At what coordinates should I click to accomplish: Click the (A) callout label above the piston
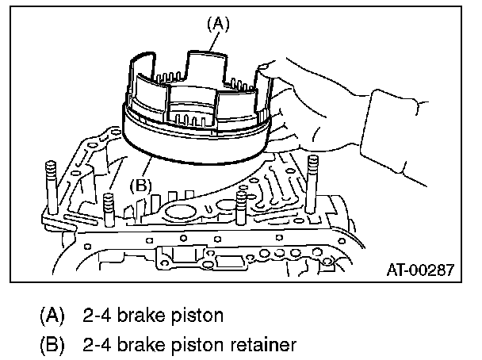click(x=218, y=25)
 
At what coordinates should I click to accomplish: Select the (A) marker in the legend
click(x=52, y=315)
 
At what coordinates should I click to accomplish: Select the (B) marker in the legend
click(x=52, y=345)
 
